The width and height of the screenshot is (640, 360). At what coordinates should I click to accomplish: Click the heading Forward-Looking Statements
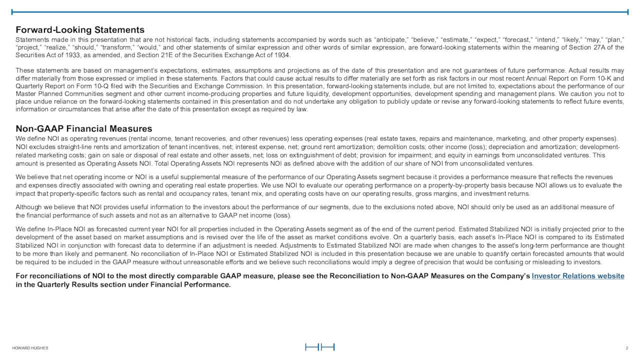coord(80,30)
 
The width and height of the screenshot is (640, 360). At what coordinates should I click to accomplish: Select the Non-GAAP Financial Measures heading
coord(84,129)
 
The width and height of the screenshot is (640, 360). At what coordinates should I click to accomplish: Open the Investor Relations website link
coord(578,276)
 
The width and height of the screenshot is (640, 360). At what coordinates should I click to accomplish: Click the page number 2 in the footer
coord(626,348)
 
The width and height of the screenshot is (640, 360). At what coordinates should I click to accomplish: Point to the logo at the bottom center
coord(319,347)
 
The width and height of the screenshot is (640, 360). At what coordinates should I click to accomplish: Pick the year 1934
coord(281,55)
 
